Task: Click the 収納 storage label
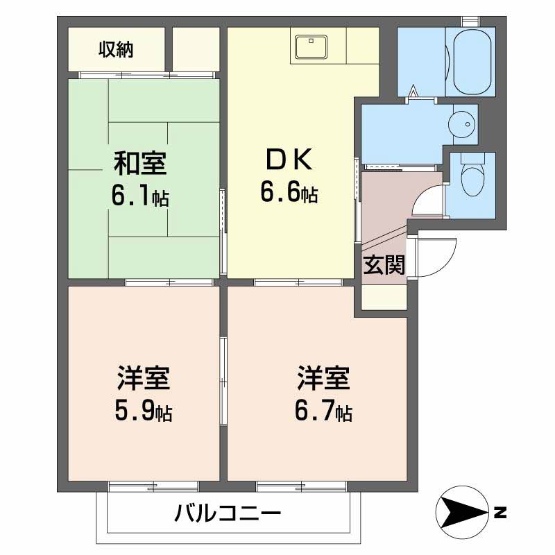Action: click(116, 49)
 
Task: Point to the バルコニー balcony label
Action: click(228, 514)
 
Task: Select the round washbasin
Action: click(461, 123)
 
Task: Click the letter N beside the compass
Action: click(500, 514)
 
